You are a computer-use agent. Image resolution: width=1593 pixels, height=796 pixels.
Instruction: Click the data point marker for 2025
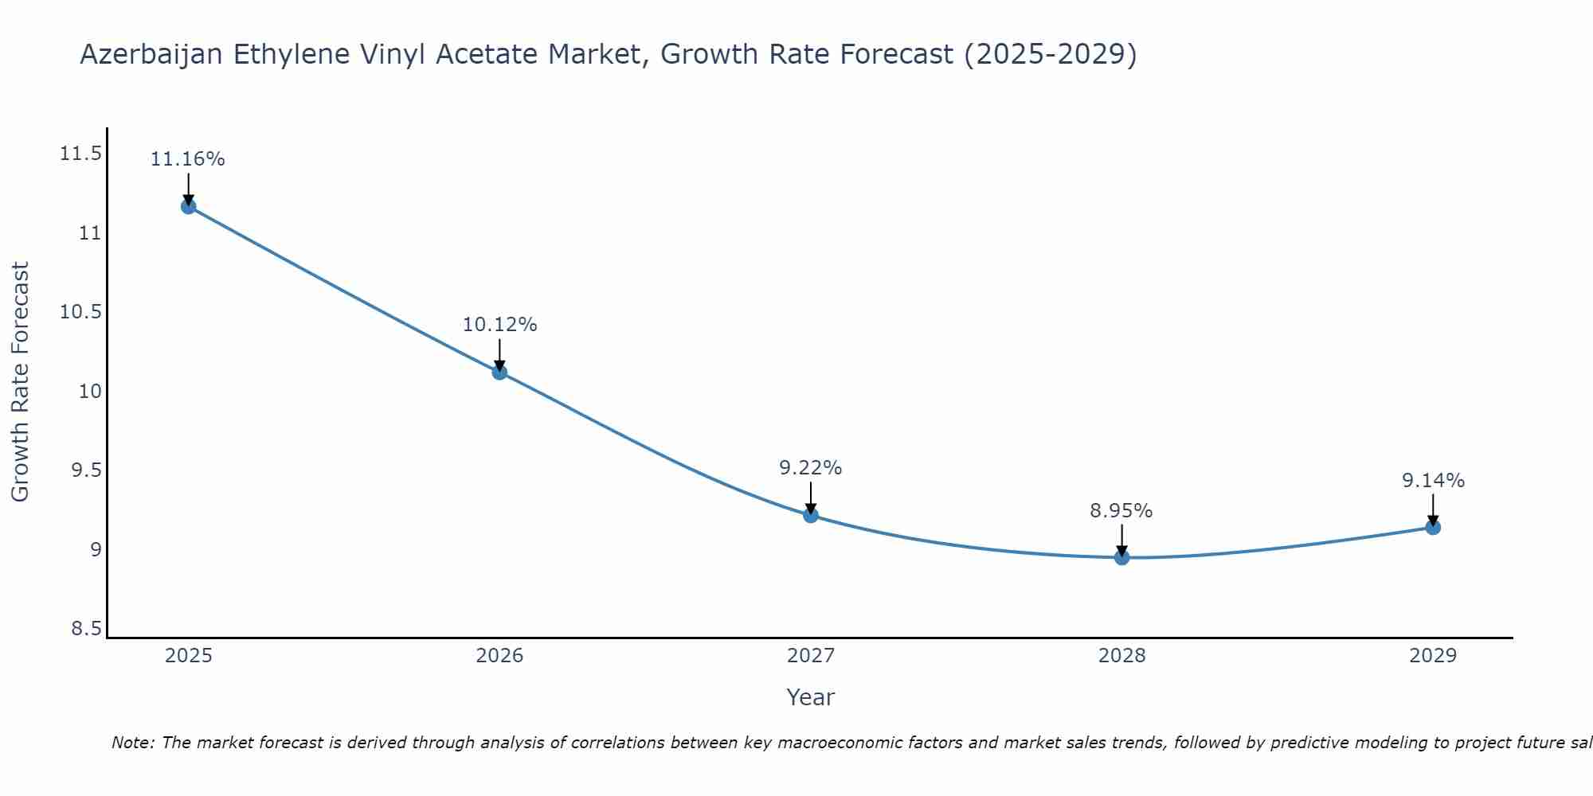188,207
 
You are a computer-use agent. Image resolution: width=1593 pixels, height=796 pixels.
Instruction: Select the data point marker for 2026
499,372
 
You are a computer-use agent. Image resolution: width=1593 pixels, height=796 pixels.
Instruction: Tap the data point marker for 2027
811,515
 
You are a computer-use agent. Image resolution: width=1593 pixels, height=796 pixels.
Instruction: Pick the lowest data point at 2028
1121,557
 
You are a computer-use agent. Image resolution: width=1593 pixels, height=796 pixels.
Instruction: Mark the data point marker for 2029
1433,527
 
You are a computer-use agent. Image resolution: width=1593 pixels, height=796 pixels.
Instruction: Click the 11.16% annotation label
188,159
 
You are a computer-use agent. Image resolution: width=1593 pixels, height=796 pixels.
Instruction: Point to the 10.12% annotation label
499,325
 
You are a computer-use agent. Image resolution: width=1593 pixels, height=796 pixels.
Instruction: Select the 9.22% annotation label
811,468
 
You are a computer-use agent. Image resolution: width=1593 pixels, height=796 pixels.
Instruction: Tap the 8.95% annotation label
1121,511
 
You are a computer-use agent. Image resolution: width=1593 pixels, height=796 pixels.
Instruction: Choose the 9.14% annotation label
1433,481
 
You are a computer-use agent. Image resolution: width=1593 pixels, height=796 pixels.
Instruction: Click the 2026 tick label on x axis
499,656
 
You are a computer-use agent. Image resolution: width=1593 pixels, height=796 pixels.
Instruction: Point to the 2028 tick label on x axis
1121,656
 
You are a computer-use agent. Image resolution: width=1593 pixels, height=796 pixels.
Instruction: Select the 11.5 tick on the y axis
80,154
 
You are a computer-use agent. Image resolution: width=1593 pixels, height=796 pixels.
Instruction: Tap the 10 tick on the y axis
90,391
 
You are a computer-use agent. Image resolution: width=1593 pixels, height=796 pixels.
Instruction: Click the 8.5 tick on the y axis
86,629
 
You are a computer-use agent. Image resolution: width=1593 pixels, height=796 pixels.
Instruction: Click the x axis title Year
810,697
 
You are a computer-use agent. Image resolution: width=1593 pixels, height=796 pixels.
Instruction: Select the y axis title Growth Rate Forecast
20,381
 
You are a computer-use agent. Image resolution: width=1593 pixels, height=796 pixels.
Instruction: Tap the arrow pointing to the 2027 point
811,498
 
